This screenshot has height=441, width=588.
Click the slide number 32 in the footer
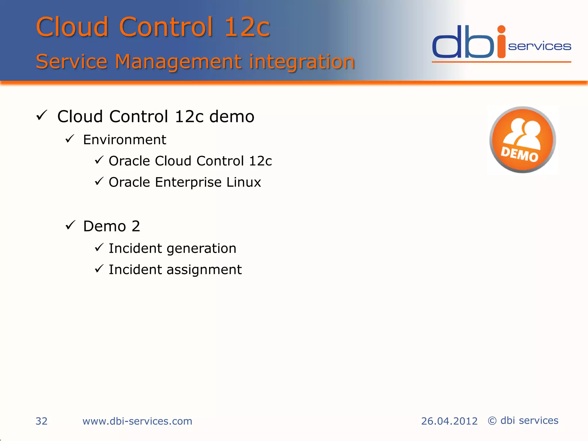[41, 421]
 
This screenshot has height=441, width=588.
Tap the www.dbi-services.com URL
[137, 421]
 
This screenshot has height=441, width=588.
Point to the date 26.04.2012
[449, 421]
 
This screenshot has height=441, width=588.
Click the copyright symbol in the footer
[492, 421]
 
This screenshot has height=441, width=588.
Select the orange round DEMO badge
[523, 140]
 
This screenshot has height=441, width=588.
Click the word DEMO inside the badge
[519, 154]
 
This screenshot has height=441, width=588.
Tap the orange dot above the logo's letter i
[501, 29]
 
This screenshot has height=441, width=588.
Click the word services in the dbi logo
[539, 46]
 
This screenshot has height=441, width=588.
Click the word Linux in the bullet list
[243, 182]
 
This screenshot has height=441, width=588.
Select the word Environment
[124, 140]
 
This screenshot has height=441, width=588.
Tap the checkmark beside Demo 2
[70, 225]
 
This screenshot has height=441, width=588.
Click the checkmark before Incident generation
[99, 247]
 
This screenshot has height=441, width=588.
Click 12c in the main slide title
[247, 27]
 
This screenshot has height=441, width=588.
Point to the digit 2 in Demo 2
[136, 226]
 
